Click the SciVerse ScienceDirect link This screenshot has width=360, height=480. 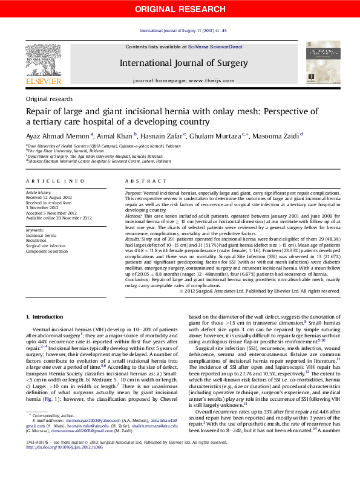(x=215, y=47)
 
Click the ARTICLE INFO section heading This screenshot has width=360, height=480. (x=55, y=181)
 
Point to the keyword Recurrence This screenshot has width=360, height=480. (x=38, y=241)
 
